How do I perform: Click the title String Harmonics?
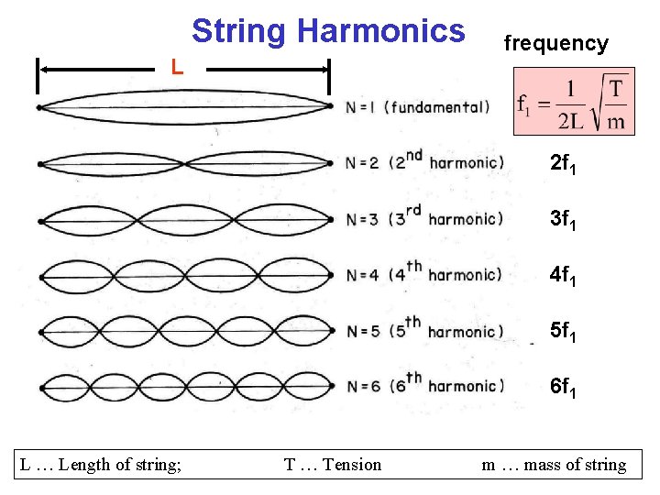coord(328,31)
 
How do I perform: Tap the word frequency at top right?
coord(555,43)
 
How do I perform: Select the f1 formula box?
coord(574,101)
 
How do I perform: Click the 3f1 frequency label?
coord(562,221)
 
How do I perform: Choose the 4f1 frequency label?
coord(562,276)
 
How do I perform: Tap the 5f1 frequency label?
coord(562,331)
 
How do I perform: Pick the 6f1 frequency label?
coord(562,387)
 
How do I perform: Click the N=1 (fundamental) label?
coord(417,107)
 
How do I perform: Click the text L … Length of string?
coord(101,465)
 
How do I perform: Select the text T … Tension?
coord(333,465)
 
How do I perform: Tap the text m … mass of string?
coord(555,465)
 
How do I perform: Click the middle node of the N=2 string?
coord(186,164)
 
